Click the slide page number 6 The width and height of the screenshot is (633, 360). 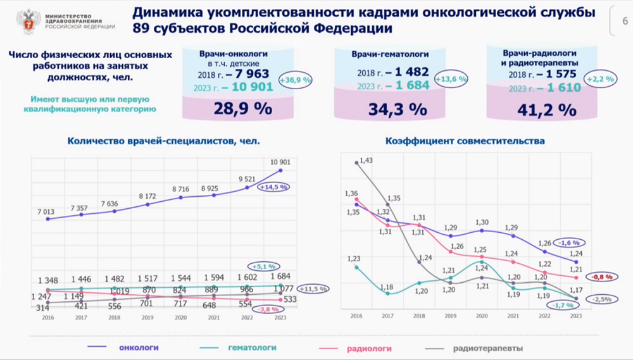[625, 20]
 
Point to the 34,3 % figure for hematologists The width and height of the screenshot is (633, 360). [398, 109]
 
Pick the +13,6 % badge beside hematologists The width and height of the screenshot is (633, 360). [451, 79]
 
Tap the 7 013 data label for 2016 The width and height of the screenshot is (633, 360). [48, 211]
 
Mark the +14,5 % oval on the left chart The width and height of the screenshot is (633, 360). [274, 187]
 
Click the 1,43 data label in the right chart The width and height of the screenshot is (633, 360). [365, 160]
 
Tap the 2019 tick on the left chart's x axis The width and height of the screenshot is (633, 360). [147, 318]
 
